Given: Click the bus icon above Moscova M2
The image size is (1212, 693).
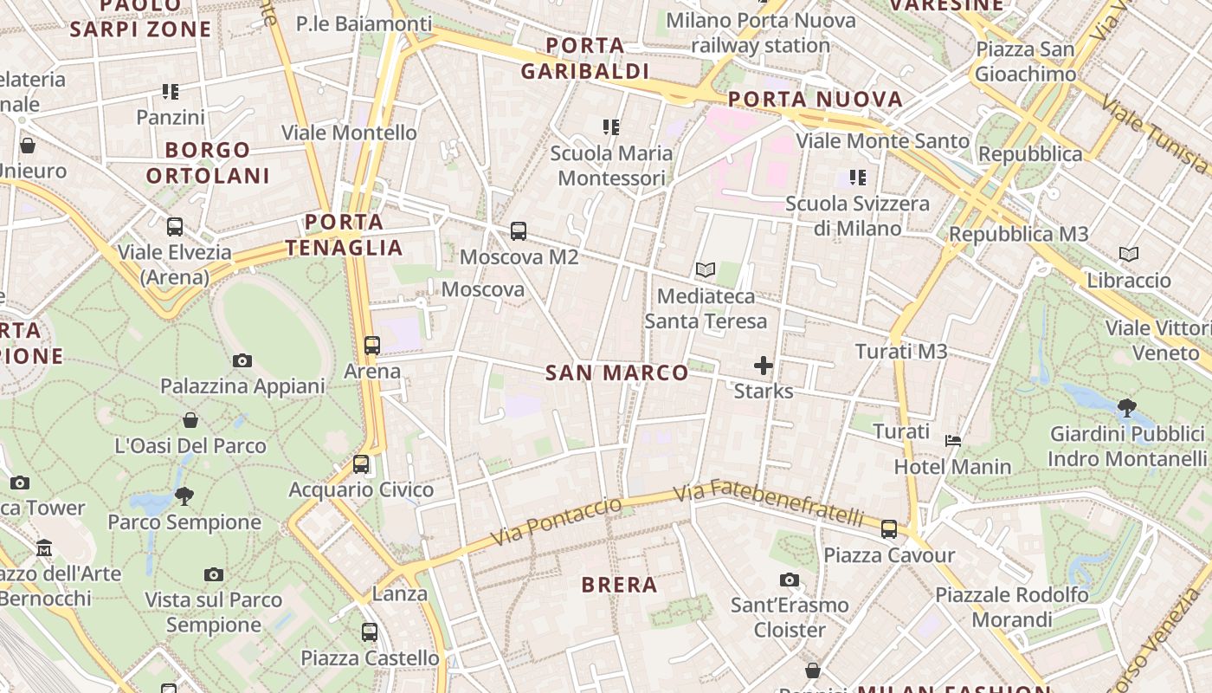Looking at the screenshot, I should [x=519, y=231].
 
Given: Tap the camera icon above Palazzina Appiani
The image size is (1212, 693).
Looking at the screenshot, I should [x=242, y=360].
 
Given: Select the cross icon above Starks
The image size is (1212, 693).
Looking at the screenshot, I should [x=763, y=366].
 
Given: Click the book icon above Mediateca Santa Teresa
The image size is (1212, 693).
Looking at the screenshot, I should [x=706, y=270].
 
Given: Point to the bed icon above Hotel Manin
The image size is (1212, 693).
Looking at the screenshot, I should [x=953, y=441].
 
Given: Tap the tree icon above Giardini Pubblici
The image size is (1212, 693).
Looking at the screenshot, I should [x=1126, y=407].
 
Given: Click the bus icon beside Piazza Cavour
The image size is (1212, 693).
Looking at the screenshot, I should [x=889, y=529].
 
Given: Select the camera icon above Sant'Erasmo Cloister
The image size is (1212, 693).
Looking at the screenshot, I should [x=789, y=580].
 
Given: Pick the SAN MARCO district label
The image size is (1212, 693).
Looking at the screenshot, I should [x=617, y=373].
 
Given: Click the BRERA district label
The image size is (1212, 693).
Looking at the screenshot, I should [x=620, y=585].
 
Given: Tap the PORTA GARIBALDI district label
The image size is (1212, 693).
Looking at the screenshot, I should [x=585, y=58].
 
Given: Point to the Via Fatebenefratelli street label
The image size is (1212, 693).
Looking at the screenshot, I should [x=769, y=502].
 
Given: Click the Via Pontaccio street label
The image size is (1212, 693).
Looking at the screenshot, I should [x=557, y=521].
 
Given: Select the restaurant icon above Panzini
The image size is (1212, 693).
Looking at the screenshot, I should [x=171, y=92].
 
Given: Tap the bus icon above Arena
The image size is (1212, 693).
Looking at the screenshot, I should [x=372, y=346].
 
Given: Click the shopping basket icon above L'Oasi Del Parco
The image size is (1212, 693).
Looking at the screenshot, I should [x=190, y=420].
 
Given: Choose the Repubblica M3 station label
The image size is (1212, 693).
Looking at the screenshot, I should [x=1019, y=234].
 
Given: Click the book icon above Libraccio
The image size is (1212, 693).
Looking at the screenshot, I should [x=1128, y=255].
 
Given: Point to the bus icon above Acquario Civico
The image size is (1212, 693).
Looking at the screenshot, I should [x=361, y=464].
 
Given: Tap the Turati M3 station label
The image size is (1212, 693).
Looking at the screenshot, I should [x=901, y=352].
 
